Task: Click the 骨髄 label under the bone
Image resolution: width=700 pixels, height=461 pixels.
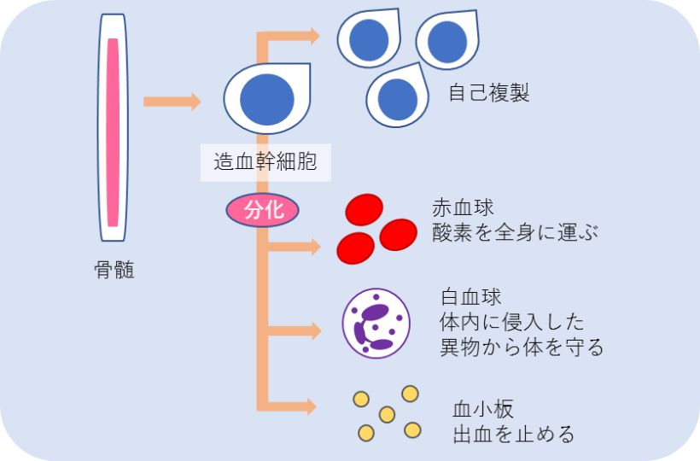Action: pos(114,271)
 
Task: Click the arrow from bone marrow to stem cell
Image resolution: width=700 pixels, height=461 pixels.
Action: pos(172,102)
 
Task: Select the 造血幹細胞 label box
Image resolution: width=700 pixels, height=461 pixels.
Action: pos(265,162)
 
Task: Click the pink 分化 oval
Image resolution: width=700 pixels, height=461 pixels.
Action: pos(263,210)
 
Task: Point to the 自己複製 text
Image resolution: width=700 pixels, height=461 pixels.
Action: pos(489,92)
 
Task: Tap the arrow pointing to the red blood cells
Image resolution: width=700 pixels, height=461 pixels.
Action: pos(295,247)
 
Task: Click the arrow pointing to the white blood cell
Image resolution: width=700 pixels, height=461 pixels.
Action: pos(295,330)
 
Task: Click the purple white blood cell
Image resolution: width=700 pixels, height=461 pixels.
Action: pos(376,324)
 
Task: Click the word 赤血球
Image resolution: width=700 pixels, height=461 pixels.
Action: pos(462,207)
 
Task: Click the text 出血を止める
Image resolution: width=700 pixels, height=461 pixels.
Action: pos(513,434)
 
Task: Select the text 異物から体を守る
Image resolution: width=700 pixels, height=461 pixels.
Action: pos(522,347)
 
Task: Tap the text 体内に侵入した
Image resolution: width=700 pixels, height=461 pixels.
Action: pos(512,323)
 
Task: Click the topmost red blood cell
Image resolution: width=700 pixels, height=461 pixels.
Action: pos(364,208)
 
